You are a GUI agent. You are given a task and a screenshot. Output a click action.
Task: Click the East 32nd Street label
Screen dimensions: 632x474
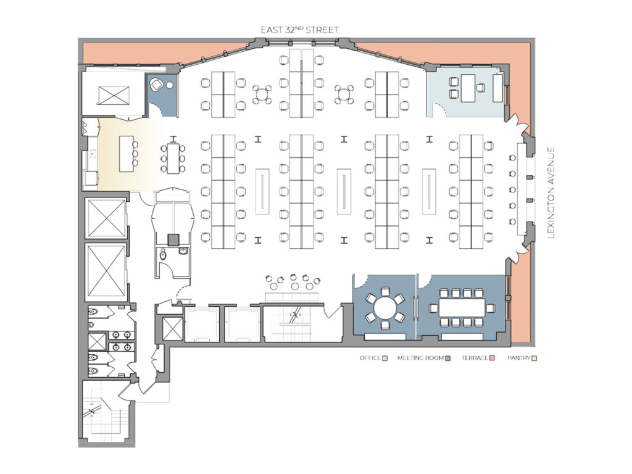299,30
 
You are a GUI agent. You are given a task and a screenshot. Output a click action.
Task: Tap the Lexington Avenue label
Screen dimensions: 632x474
551,193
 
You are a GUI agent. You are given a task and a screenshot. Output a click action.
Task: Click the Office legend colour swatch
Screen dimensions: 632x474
385,358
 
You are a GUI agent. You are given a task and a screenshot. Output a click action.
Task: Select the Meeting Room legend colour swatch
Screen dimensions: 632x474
448,358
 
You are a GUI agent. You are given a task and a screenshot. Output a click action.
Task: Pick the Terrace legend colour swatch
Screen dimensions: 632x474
492,358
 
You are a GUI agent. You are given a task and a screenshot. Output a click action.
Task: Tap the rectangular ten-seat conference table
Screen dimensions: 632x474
462,308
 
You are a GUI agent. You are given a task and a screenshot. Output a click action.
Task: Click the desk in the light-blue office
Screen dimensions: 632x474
468,88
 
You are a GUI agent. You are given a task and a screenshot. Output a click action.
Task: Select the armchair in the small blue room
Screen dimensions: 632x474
156,85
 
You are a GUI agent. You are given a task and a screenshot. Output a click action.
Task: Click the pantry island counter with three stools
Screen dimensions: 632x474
126,154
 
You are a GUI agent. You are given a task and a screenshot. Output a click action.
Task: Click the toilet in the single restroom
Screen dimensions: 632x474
163,255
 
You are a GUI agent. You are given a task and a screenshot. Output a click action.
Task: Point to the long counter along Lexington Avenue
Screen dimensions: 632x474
522,189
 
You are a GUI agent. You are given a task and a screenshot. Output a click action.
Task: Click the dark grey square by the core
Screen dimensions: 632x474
173,240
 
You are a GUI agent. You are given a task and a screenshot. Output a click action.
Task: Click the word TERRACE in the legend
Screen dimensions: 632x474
475,358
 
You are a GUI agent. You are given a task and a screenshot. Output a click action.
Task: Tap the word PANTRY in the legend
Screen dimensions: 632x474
518,358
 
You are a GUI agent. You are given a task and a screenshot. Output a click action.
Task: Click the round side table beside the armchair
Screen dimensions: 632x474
170,85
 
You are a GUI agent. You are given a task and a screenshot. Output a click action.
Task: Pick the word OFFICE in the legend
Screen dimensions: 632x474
370,358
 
